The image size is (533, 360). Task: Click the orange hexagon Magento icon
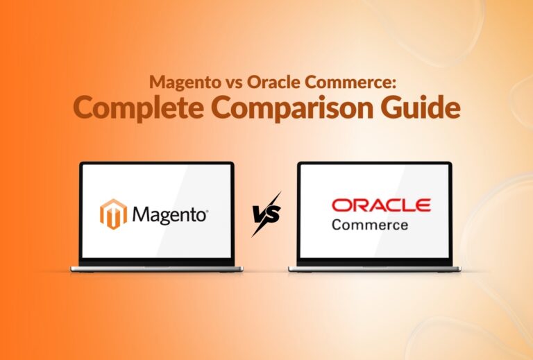[x=114, y=214]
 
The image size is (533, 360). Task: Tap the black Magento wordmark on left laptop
[x=169, y=215]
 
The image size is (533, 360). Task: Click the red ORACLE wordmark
[x=381, y=205]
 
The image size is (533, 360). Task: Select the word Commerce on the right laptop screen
[x=370, y=225]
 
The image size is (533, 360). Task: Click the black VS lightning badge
[x=266, y=214]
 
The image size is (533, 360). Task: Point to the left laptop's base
[x=157, y=268]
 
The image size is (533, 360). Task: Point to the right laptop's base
[x=374, y=268]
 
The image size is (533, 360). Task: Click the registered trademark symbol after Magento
[x=208, y=209]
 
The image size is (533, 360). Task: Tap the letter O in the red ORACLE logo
[x=341, y=205]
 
